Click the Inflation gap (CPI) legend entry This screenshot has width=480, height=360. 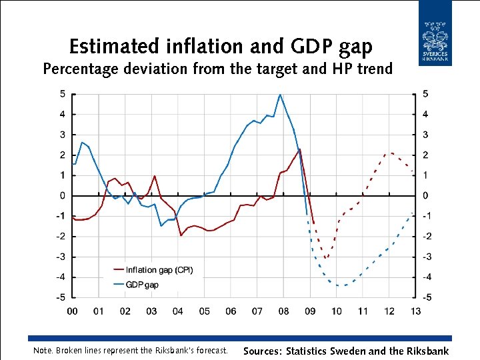pyautogui.click(x=159, y=270)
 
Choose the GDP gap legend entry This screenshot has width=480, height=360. pyautogui.click(x=142, y=285)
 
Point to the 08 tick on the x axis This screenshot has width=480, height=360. pyautogui.click(x=283, y=311)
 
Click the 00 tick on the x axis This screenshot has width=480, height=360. pyautogui.click(x=72, y=311)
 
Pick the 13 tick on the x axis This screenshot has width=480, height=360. pyautogui.click(x=415, y=311)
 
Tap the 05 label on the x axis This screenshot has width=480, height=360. pyautogui.click(x=204, y=311)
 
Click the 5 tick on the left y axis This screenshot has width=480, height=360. pyautogui.click(x=62, y=94)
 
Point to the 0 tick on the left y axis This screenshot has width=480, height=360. pyautogui.click(x=62, y=196)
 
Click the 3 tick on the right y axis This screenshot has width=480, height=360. pyautogui.click(x=425, y=135)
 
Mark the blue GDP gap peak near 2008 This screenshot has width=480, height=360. pyautogui.click(x=280, y=95)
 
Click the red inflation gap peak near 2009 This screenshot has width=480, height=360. pyautogui.click(x=300, y=149)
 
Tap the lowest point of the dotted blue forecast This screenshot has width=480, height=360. pyautogui.click(x=341, y=285)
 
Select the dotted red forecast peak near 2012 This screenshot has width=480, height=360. pyautogui.click(x=391, y=153)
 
